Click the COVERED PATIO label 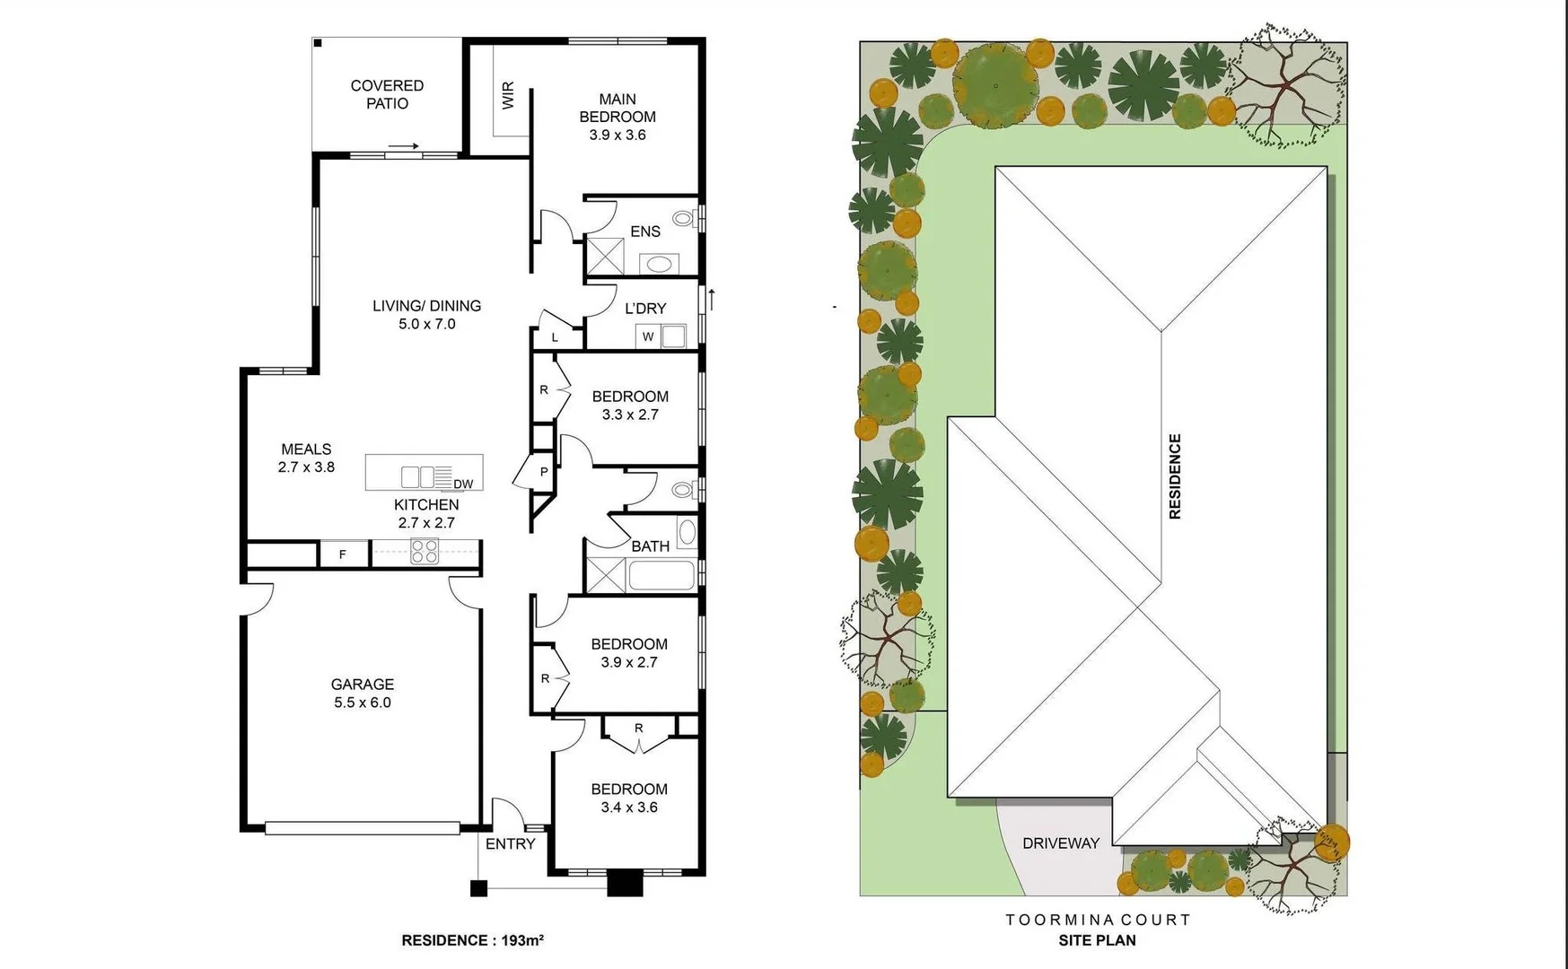point(387,94)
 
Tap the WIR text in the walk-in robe point(508,95)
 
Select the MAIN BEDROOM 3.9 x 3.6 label point(617,117)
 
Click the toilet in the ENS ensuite point(684,218)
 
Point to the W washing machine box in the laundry point(648,336)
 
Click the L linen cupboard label point(555,338)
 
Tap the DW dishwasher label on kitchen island point(463,484)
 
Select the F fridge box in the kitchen point(343,554)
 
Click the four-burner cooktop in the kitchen point(424,551)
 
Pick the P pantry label point(544,472)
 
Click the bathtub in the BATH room point(661,575)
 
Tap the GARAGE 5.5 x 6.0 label point(362,693)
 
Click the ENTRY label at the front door point(510,844)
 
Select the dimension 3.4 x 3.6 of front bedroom point(629,807)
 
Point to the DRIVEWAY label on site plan point(1061,843)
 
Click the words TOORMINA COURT point(1097,920)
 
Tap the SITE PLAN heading point(1097,940)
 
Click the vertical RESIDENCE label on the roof point(1175,476)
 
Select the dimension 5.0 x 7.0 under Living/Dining point(427,324)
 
